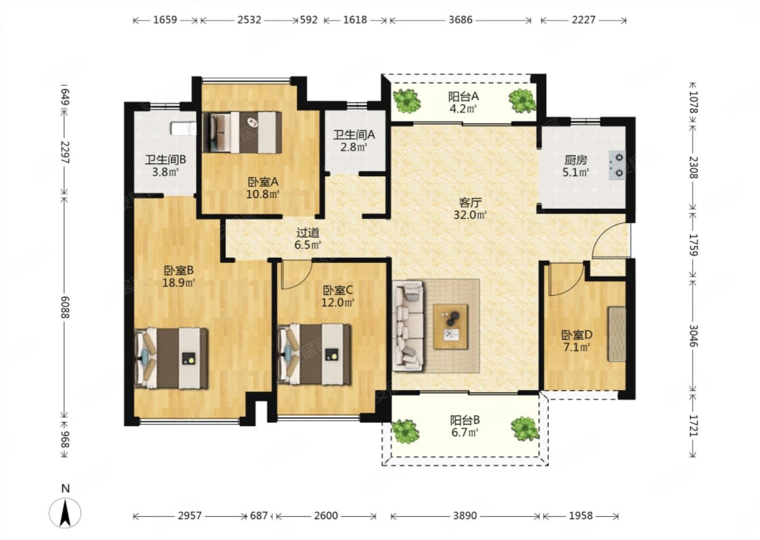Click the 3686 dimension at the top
coord(460,20)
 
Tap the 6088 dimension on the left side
coord(65,307)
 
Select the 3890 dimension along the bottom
coord(465,516)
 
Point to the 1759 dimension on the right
coord(692,245)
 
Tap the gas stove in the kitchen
coord(617,165)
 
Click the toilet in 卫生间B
coord(183,129)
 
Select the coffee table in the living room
coord(450,326)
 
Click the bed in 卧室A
coord(242,132)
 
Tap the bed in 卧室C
coord(314,354)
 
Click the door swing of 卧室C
coord(296,275)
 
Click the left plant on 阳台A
coord(406,101)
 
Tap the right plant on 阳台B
coord(525,429)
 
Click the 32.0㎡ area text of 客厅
coord(470,215)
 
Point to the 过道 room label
coord(308,233)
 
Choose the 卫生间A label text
coord(354,135)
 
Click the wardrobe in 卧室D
coord(616,334)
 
